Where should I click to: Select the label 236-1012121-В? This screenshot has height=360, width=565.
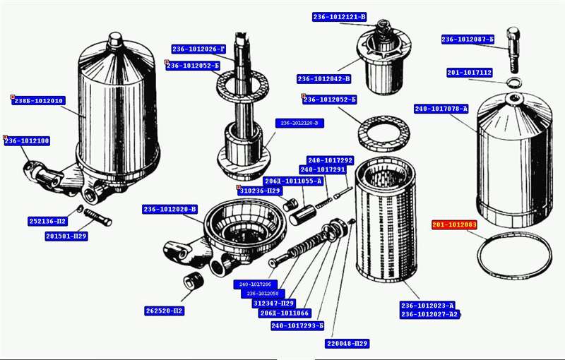click(340, 16)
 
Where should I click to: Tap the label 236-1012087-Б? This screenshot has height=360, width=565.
click(468, 40)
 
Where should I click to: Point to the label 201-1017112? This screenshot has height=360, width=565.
click(470, 73)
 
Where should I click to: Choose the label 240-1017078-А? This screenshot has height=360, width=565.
click(441, 109)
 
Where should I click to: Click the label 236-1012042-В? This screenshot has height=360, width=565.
click(324, 79)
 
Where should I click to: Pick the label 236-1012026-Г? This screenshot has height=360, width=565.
click(198, 49)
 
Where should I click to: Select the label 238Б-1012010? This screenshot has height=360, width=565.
click(40, 101)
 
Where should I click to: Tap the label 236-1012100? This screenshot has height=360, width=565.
click(28, 141)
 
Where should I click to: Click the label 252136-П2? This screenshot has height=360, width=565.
click(48, 220)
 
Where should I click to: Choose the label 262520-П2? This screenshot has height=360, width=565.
click(165, 311)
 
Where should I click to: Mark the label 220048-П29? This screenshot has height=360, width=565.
click(347, 344)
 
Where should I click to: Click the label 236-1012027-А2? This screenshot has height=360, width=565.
click(430, 314)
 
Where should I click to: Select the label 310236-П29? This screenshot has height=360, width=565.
click(260, 191)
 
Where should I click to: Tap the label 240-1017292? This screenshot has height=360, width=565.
click(330, 160)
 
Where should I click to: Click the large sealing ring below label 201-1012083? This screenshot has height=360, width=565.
click(513, 256)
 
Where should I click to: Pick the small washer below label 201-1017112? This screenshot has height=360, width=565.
click(515, 83)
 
